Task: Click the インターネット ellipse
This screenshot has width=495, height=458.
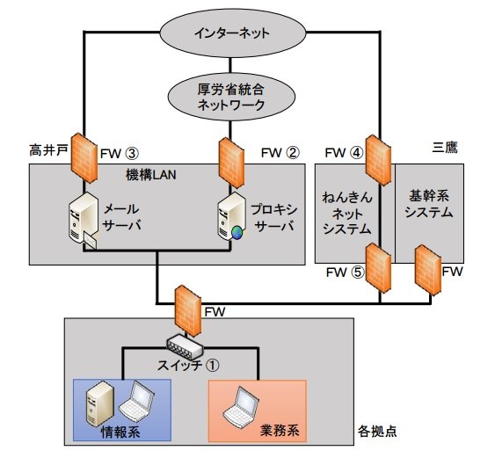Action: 233,33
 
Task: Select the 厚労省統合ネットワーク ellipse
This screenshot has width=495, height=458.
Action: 231,97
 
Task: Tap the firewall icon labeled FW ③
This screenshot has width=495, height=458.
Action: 84,158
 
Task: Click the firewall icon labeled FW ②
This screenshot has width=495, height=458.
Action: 231,163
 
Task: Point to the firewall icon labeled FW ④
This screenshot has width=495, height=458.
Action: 379,160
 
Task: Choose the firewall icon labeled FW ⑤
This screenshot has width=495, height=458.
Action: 379,268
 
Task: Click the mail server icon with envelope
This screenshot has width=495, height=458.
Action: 83,221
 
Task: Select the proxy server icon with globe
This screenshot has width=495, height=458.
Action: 231,217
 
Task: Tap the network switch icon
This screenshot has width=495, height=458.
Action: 185,347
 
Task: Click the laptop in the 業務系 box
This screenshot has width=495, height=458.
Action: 241,407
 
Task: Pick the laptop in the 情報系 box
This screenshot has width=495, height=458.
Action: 136,402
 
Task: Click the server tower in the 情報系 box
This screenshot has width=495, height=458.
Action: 99,403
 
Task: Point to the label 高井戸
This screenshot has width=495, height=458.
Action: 48,149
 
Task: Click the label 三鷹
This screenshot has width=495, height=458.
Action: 445,147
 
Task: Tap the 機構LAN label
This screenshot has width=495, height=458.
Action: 151,175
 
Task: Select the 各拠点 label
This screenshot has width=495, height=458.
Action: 377,431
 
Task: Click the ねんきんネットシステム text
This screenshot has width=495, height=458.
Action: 347,213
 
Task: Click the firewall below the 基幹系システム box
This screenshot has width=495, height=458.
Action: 428,271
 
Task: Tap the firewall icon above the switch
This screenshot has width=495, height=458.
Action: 188,311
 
